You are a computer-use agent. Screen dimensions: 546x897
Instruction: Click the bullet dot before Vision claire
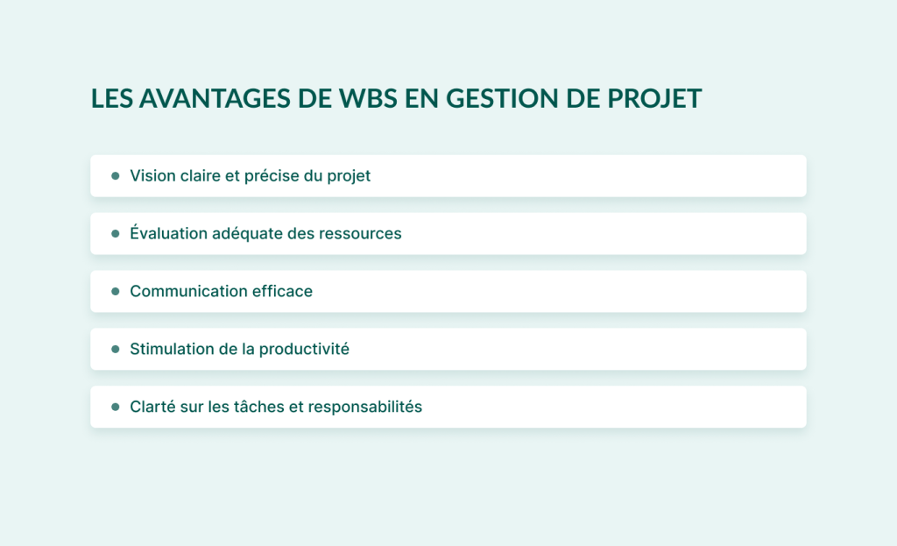pos(115,176)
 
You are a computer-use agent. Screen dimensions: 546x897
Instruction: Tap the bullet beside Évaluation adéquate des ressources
pos(115,234)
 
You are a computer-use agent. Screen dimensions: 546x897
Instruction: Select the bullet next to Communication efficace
pos(115,291)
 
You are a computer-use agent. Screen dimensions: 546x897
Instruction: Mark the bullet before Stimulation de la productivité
pos(115,349)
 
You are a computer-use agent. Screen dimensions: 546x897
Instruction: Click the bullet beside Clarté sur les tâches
pos(115,407)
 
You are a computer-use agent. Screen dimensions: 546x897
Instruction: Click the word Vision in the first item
pos(151,176)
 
